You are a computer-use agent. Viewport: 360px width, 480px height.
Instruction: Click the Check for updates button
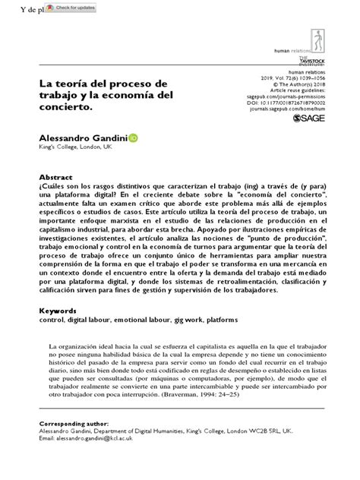tap(70, 8)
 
